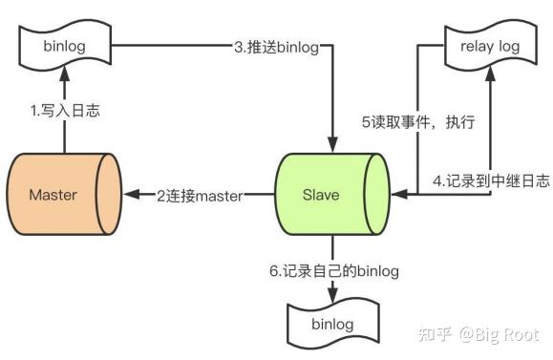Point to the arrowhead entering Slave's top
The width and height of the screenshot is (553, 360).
(x=333, y=142)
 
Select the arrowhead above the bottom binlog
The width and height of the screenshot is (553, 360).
(x=333, y=296)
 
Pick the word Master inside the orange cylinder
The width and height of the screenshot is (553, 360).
(x=53, y=195)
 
